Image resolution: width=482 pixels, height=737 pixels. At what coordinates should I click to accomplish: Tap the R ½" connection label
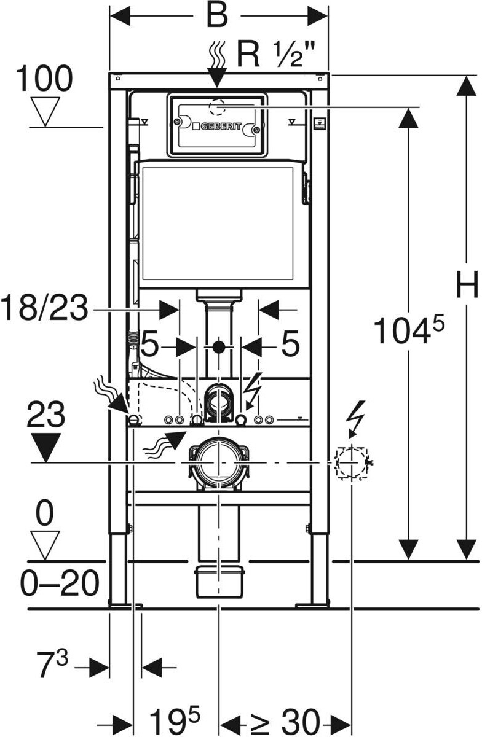[276, 54]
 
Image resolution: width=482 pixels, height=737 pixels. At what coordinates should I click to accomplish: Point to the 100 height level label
[44, 79]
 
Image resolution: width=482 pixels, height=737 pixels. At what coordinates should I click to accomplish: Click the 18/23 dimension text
[45, 308]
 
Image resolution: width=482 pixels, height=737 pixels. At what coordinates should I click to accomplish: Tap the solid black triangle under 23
[45, 448]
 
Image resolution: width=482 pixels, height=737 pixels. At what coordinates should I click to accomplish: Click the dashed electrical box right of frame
[352, 462]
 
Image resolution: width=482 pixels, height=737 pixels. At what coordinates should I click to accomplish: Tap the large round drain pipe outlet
[218, 463]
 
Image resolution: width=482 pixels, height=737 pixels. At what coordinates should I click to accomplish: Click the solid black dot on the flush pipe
[218, 347]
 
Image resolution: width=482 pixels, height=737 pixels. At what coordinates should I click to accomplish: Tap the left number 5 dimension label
[150, 343]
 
